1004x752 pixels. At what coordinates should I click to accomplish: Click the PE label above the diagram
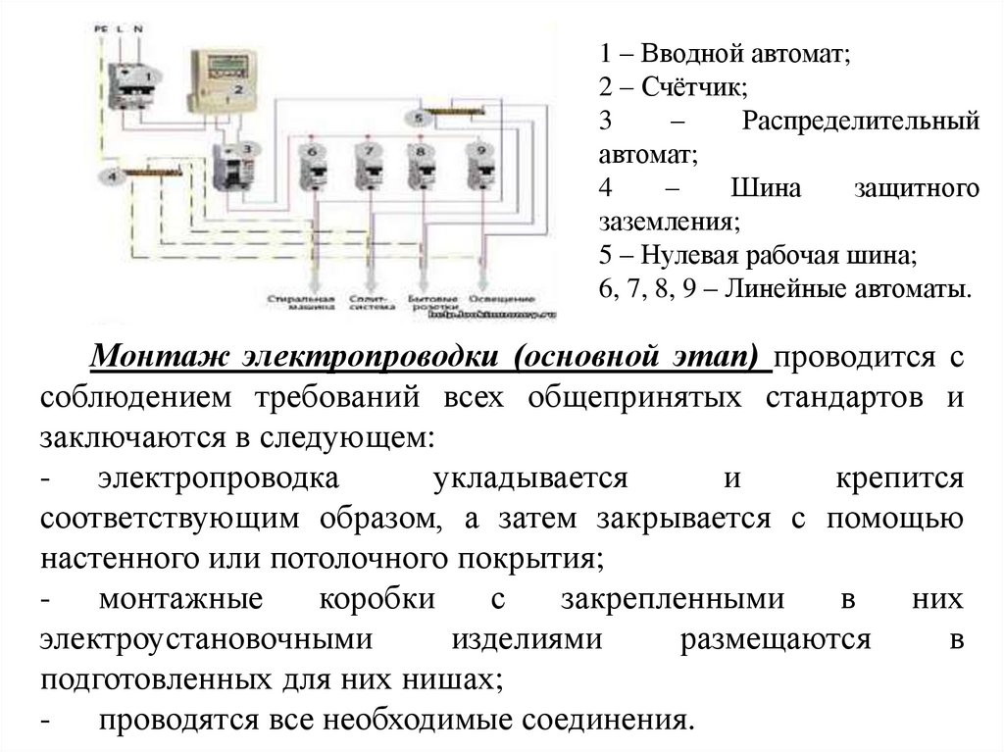point(100,30)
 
